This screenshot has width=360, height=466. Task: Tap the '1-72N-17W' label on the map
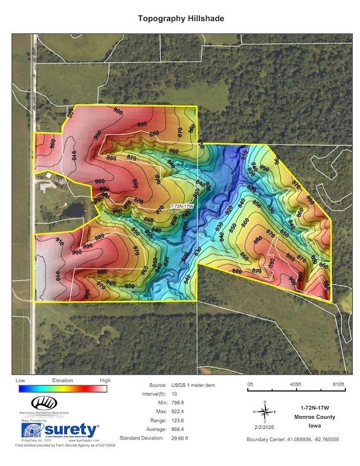177,206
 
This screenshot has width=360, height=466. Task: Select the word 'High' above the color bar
104,380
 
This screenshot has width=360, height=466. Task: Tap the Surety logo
60,430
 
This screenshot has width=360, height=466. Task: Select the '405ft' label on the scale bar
295,384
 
